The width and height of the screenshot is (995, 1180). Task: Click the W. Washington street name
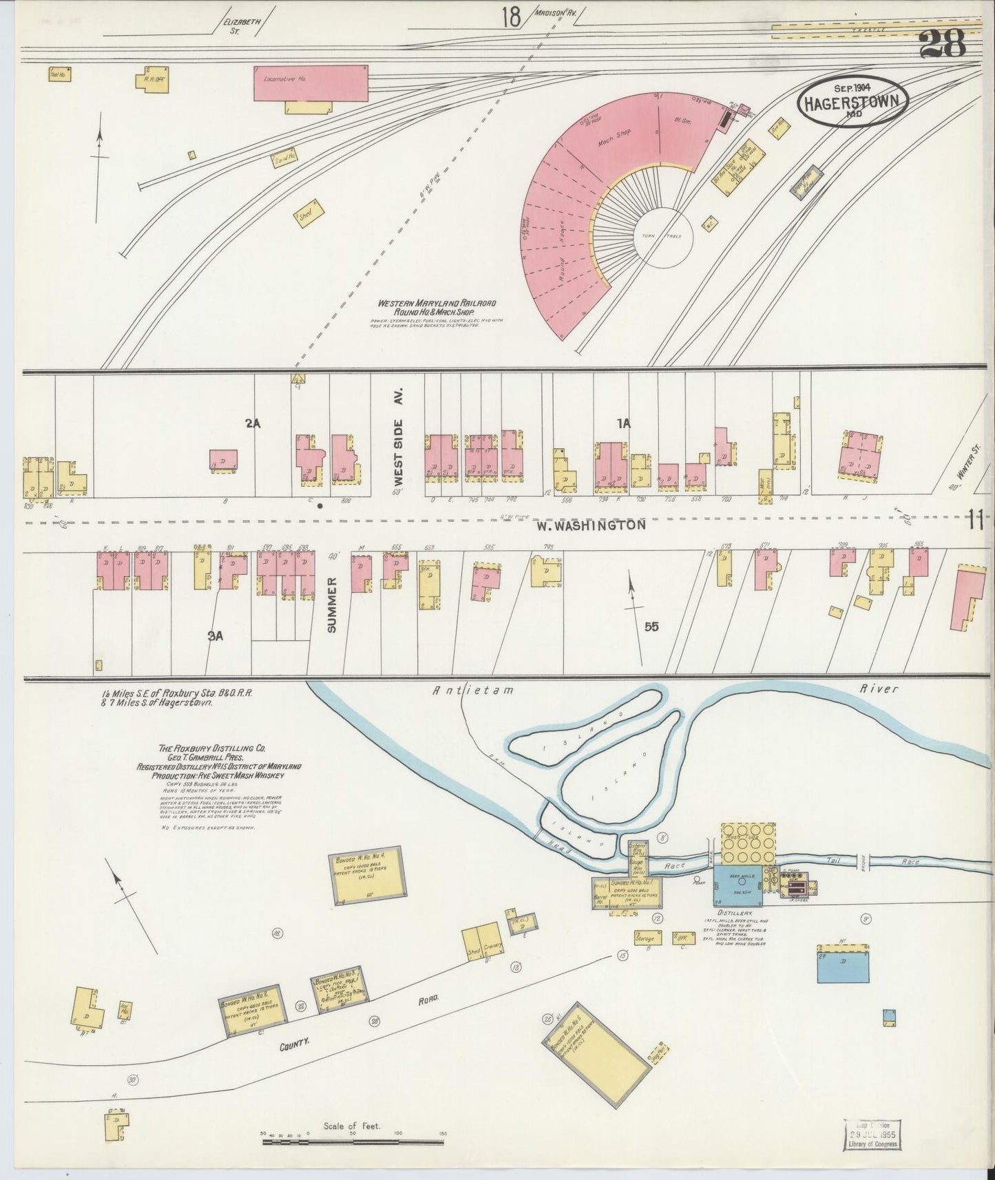(x=591, y=525)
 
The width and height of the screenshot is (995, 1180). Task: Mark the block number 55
(x=652, y=626)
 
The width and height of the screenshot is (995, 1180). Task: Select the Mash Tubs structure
(x=748, y=844)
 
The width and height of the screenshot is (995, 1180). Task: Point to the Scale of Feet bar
(x=355, y=1142)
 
